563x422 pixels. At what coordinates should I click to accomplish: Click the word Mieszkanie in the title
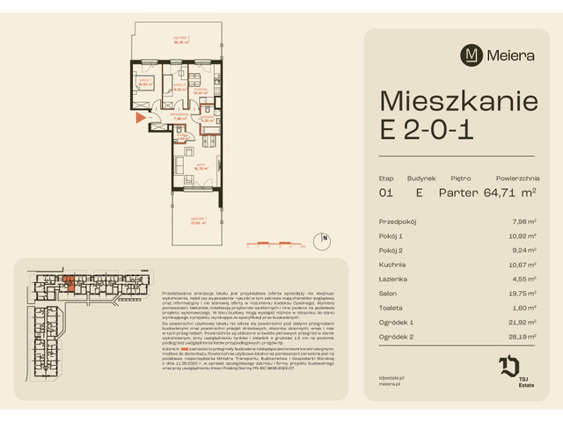(x=458, y=101)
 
